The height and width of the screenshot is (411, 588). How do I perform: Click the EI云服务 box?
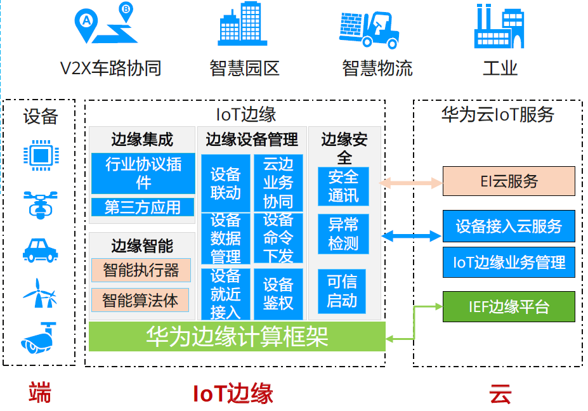[508, 181]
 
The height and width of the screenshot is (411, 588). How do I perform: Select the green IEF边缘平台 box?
[508, 307]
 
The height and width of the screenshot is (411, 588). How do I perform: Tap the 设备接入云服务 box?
[508, 226]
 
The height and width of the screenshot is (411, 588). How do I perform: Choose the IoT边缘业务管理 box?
[508, 262]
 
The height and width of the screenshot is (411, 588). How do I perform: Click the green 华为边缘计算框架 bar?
[237, 336]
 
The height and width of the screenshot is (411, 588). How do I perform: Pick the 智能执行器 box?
[140, 270]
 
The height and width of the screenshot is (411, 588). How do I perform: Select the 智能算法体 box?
[140, 299]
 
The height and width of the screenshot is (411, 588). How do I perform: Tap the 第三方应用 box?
[143, 207]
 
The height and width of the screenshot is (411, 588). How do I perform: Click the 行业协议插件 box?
[143, 173]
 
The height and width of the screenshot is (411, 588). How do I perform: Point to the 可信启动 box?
[342, 290]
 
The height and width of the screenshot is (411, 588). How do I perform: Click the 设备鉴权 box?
[278, 293]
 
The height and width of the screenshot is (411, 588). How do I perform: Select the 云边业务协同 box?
[278, 183]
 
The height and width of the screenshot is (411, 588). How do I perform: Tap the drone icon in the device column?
[40, 203]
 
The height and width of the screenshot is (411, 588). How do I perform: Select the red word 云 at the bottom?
[500, 395]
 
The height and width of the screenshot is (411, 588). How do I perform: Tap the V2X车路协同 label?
[110, 68]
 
